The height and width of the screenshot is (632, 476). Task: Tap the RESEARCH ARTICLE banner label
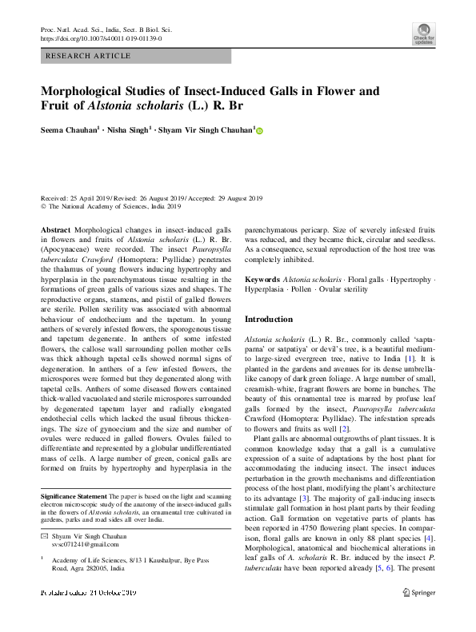click(89, 56)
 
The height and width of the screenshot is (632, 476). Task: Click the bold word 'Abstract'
click(55, 229)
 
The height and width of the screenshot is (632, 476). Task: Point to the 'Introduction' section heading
click(269, 319)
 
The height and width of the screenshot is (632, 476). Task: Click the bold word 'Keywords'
click(262, 279)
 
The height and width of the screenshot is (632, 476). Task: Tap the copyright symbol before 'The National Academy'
click(43, 205)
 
